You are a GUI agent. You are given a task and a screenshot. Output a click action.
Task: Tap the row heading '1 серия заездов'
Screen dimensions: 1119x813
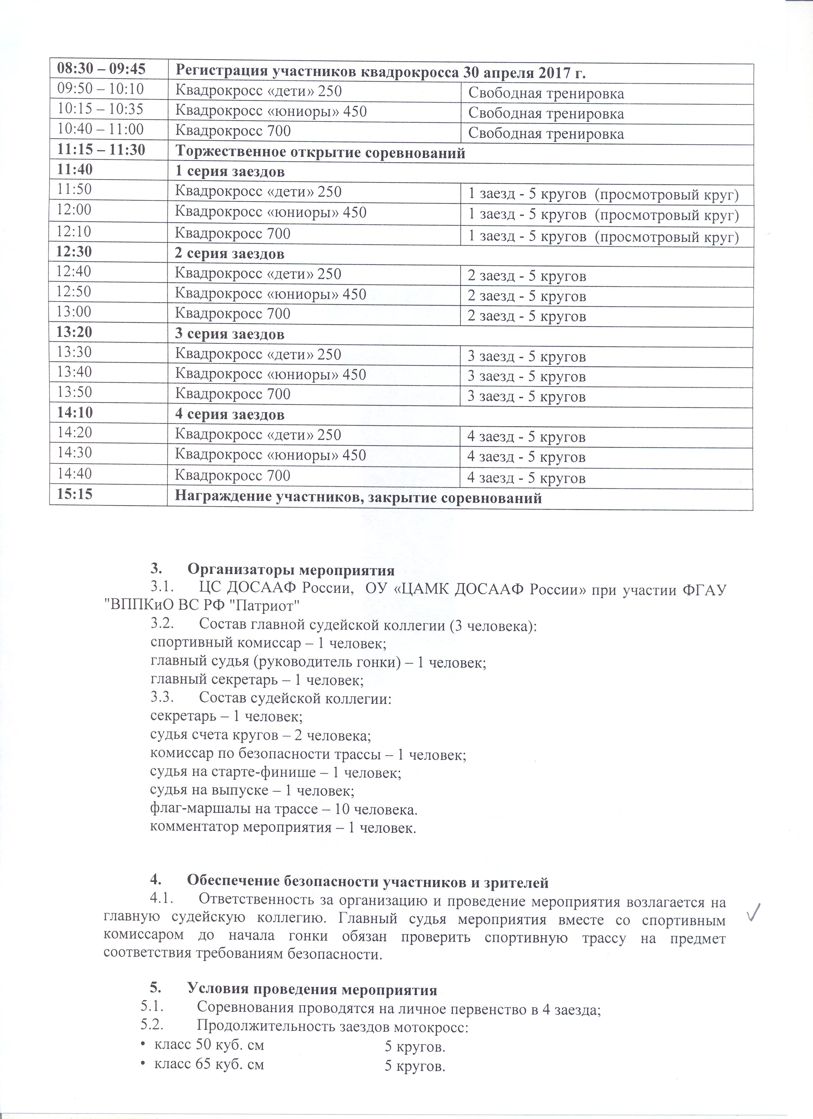click(230, 172)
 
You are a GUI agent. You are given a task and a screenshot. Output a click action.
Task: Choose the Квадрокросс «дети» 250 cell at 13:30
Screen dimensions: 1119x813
click(258, 354)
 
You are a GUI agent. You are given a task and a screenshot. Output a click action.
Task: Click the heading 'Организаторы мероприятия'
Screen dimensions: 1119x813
click(291, 570)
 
